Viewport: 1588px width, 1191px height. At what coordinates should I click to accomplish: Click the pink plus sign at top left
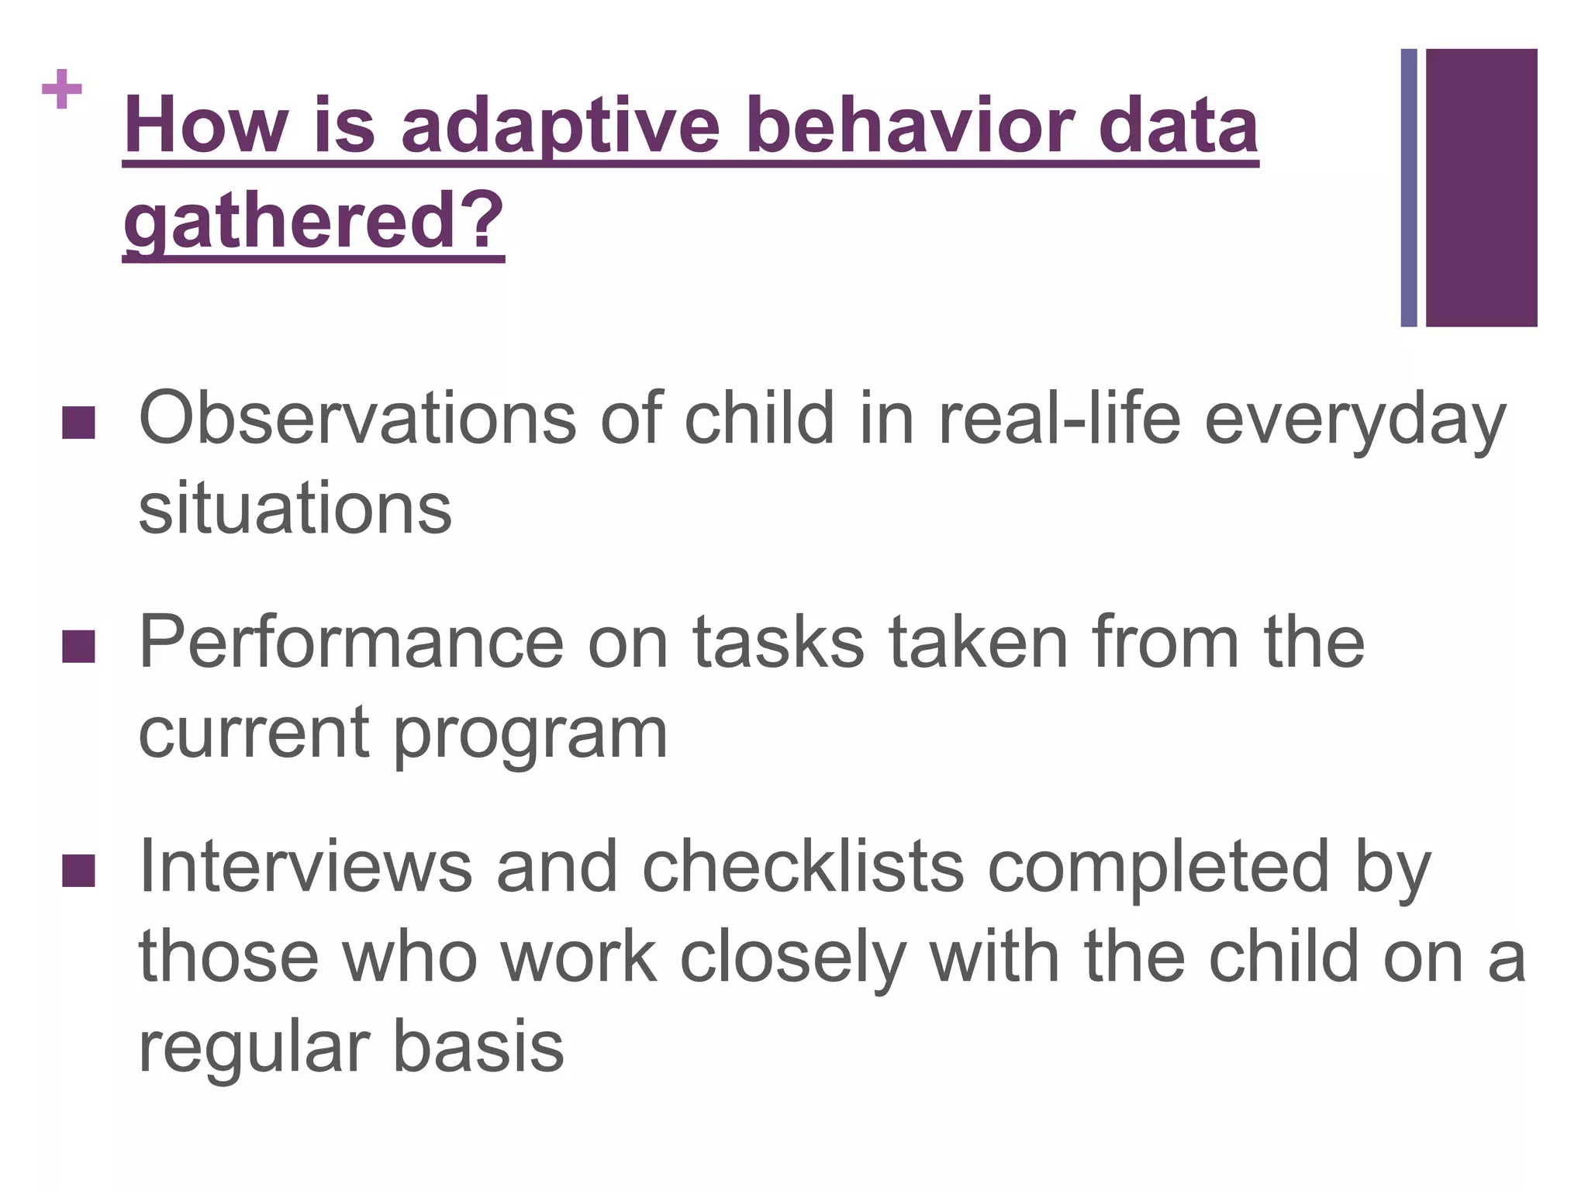click(62, 90)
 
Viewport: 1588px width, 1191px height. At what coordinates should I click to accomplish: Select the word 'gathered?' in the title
click(314, 223)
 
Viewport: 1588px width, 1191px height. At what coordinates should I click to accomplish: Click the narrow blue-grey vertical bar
click(1409, 188)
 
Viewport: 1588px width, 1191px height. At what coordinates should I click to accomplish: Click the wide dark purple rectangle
click(1481, 188)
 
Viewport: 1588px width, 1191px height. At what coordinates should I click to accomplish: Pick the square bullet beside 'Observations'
click(78, 423)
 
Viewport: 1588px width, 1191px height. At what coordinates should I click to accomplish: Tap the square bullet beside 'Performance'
click(78, 647)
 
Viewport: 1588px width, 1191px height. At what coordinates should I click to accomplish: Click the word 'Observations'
click(357, 419)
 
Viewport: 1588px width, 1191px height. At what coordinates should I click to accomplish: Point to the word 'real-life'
click(1059, 419)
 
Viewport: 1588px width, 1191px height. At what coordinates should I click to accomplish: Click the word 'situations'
click(295, 509)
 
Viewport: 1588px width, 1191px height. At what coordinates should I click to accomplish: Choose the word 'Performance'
click(351, 644)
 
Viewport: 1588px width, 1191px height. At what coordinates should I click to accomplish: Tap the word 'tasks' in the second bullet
click(778, 644)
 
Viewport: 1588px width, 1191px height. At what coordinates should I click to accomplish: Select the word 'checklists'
click(803, 868)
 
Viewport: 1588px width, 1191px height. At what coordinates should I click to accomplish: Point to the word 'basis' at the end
click(478, 1048)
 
